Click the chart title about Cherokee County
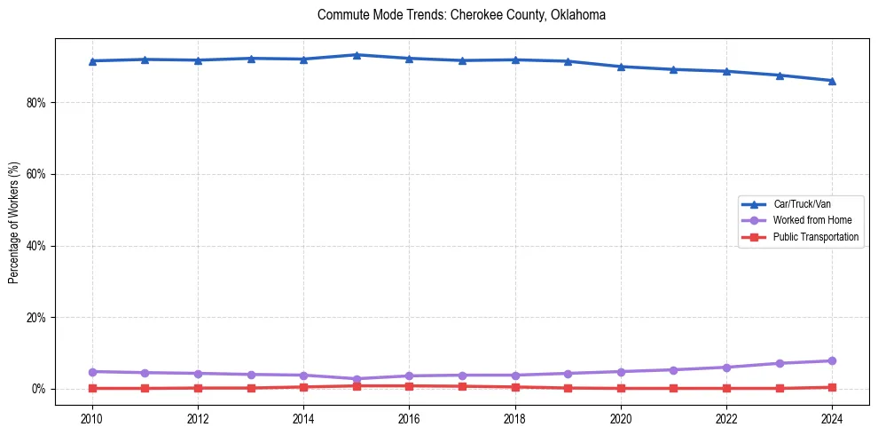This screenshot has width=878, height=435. [x=461, y=15]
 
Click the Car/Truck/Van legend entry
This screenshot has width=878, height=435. [x=802, y=203]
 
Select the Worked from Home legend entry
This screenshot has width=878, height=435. [x=812, y=220]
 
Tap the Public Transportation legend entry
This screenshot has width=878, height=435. [x=815, y=237]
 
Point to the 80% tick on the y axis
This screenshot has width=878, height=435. [x=35, y=103]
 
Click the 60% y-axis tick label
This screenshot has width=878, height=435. [x=35, y=174]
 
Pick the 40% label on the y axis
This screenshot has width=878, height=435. [x=35, y=246]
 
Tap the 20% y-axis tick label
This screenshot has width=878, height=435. [x=35, y=318]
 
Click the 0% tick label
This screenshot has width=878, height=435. [x=38, y=389]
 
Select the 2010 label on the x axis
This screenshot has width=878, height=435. [x=91, y=419]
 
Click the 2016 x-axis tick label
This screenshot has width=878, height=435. [x=409, y=419]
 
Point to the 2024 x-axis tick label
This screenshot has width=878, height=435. [x=832, y=419]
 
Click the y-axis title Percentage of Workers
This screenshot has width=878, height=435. [x=13, y=222]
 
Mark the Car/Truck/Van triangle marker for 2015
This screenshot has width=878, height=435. [x=357, y=55]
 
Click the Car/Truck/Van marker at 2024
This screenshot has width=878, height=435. [x=832, y=81]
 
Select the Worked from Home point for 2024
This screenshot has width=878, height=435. [x=832, y=360]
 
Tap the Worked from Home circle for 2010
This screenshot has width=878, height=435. [x=91, y=371]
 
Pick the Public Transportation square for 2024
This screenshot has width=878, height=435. [x=832, y=387]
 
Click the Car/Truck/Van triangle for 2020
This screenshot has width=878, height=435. [x=621, y=67]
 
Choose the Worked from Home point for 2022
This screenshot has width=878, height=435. [x=726, y=368]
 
